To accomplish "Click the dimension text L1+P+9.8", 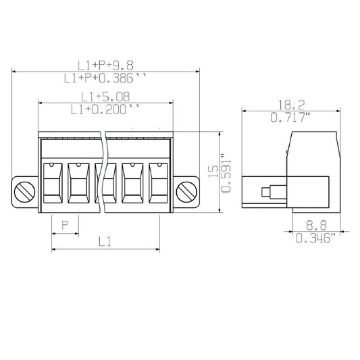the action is coord(105,66).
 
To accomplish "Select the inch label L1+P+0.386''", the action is coord(105,78).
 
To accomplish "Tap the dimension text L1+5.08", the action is coord(105,97).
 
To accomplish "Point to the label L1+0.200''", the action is coord(105,109).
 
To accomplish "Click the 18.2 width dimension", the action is coord(291,105).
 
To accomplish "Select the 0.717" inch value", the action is coord(290,118).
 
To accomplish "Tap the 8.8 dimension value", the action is coord(316,226).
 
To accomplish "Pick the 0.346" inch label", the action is coord(315,238).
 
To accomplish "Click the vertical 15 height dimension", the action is coord(213,172).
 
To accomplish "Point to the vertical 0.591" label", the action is coord(226,173).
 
